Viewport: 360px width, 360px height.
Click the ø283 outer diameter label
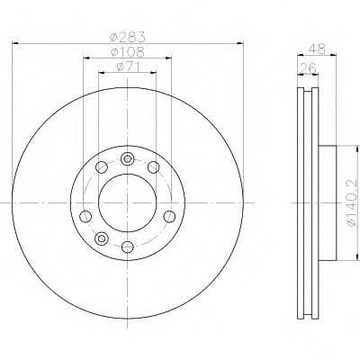[128, 37]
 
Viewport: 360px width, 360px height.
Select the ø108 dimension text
[128, 52]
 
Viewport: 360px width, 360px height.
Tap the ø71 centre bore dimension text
[128, 67]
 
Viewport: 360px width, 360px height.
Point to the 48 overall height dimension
[317, 49]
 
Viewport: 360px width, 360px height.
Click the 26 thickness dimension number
[308, 68]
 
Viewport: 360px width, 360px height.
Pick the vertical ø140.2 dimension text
[353, 203]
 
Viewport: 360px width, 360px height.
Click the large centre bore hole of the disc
[128, 203]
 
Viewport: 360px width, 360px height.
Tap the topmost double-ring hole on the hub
[128, 158]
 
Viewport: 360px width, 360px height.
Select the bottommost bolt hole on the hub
[128, 247]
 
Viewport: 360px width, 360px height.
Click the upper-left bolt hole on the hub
[102, 167]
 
